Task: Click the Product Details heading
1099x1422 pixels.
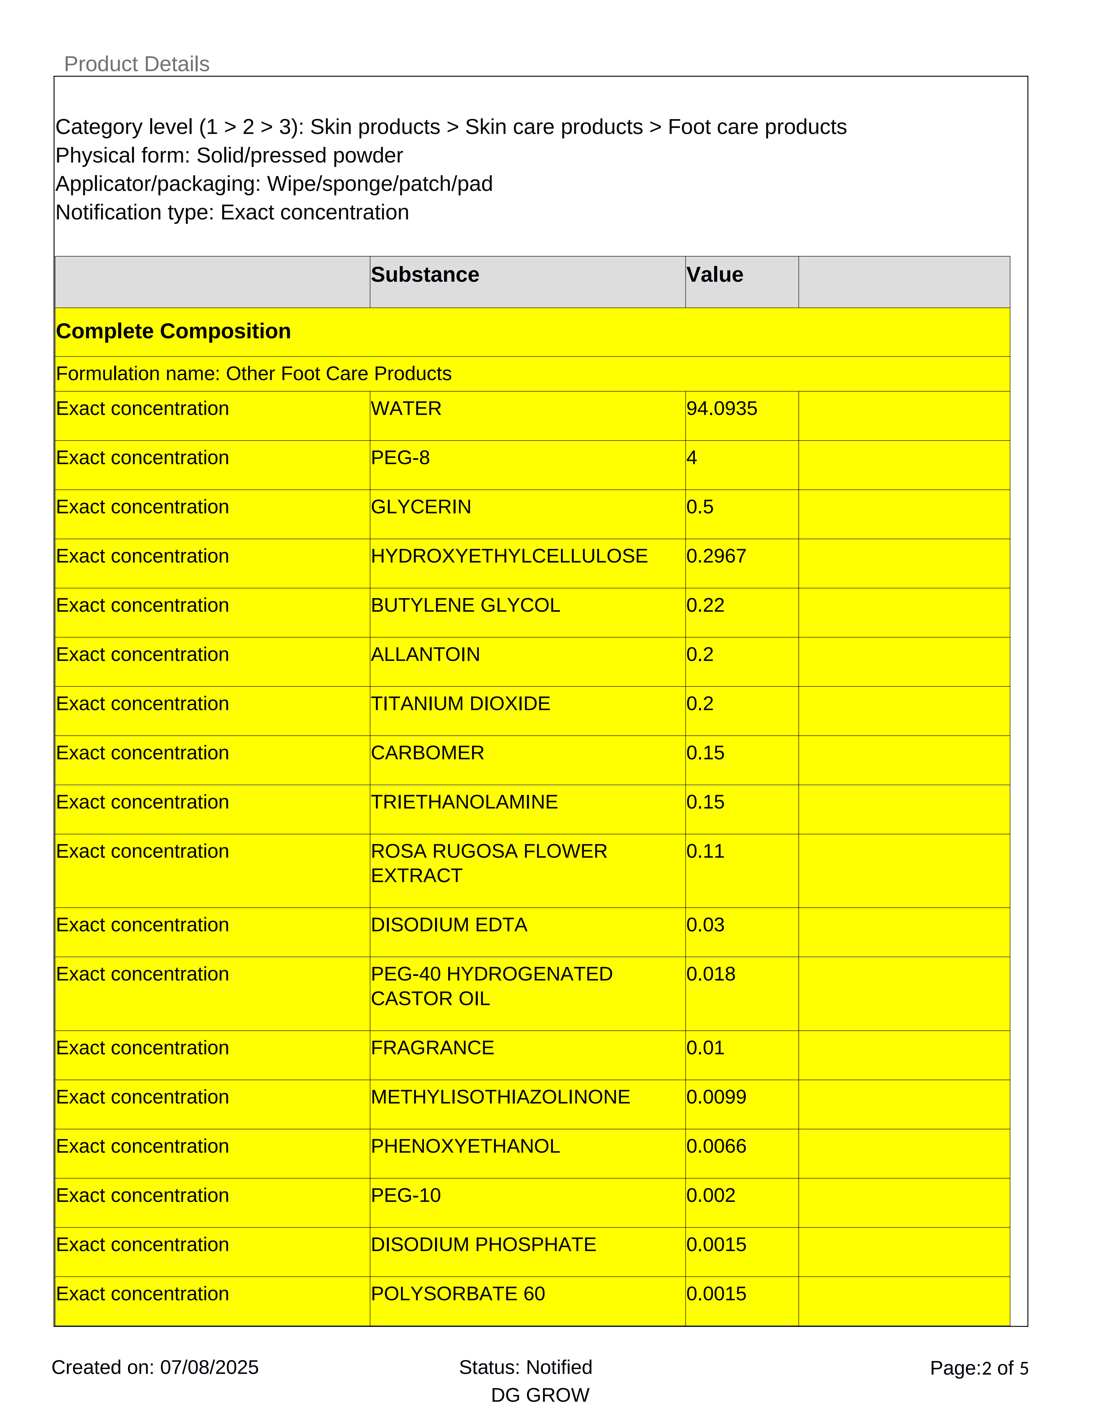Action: click(137, 64)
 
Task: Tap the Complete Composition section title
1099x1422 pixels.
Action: click(173, 331)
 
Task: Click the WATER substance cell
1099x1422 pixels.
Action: click(406, 409)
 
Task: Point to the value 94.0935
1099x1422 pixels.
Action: click(721, 409)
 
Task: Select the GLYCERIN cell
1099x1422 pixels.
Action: click(421, 507)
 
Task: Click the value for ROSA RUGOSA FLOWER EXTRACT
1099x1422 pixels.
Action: click(705, 852)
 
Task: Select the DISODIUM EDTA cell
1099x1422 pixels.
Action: click(448, 925)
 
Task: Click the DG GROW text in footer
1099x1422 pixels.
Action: click(540, 1395)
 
